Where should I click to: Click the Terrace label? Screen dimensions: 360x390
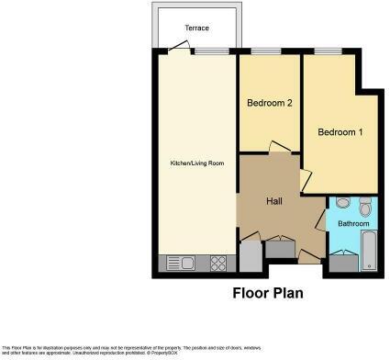(x=196, y=28)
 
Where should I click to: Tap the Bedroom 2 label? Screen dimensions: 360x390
(x=269, y=103)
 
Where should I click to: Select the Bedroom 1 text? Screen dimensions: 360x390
(x=340, y=132)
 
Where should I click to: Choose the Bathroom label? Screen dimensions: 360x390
(x=352, y=223)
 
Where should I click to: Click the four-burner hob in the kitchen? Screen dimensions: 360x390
(x=219, y=264)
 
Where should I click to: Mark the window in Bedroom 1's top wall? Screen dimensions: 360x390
(x=328, y=51)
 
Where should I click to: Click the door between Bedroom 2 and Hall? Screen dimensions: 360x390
(x=277, y=148)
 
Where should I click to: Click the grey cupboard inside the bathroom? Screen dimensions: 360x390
(x=341, y=263)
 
